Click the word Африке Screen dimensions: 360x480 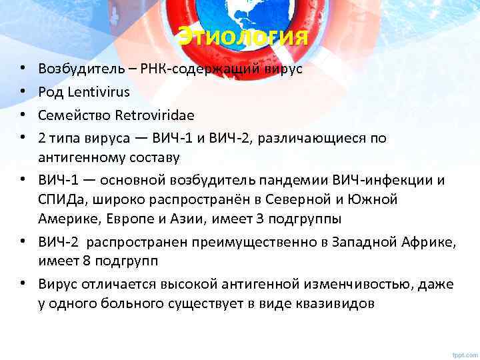(x=429, y=244)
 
